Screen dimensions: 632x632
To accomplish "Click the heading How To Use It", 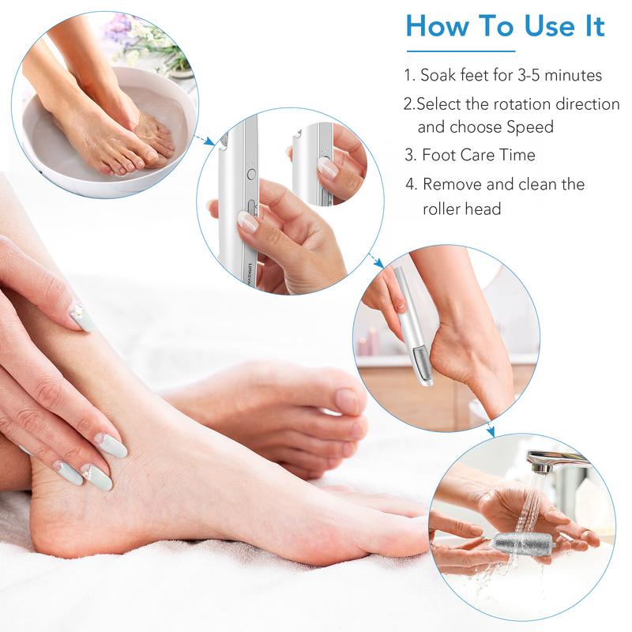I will pos(506,26).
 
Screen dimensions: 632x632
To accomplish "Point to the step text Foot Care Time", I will pos(479,155).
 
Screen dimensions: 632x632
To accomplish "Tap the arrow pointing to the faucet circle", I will pos(489,431).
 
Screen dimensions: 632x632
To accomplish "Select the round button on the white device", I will pos(251,175).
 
